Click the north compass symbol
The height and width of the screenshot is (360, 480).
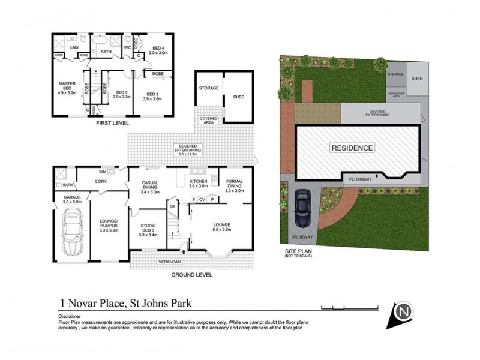click(405, 312)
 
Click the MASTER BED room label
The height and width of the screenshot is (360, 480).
click(67, 88)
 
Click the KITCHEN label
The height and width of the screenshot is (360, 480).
click(198, 182)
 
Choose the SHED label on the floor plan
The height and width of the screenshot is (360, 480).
click(239, 96)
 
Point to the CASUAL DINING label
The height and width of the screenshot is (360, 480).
click(150, 187)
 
